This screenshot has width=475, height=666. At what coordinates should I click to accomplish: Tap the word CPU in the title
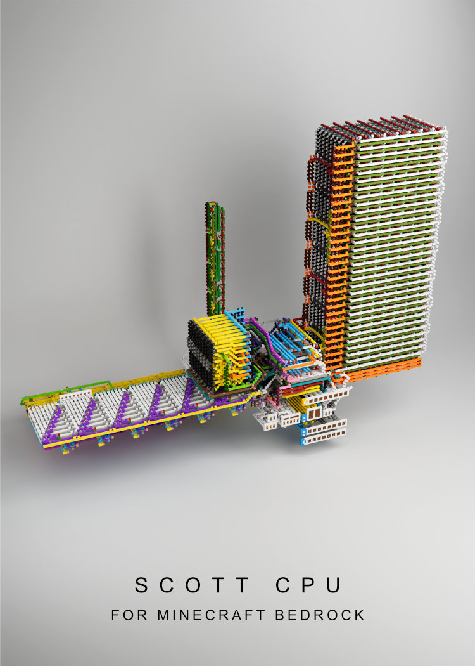pos(308,585)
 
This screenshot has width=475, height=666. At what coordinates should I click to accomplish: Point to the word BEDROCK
pos(320,615)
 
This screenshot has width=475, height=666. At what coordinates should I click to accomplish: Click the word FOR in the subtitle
pos(129,615)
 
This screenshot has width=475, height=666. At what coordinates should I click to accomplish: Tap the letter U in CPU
pos(334,585)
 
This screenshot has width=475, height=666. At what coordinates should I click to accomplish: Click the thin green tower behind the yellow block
pos(215,258)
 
